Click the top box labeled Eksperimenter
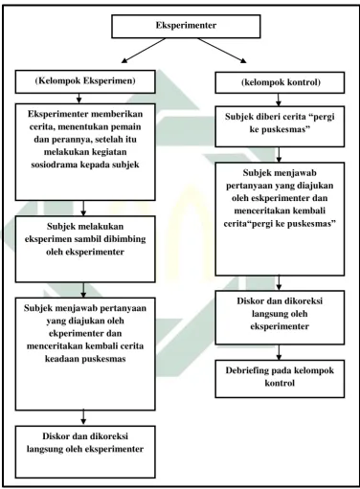click(186, 26)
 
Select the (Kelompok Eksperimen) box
click(85, 81)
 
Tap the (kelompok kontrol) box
click(280, 82)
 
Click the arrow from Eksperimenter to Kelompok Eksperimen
click(144, 51)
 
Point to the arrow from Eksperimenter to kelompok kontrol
click(222, 51)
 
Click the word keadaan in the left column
click(59, 359)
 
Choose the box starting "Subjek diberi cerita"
click(280, 126)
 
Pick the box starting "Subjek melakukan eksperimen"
click(85, 249)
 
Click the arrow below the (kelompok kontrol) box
click(279, 100)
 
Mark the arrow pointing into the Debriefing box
click(279, 352)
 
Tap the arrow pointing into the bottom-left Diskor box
click(83, 418)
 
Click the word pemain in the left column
click(126, 127)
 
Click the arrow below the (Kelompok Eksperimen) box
click(79, 99)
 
